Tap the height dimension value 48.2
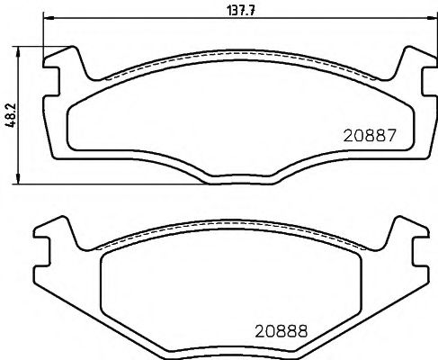coord(10,114)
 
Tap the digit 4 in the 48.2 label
coord(10,125)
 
